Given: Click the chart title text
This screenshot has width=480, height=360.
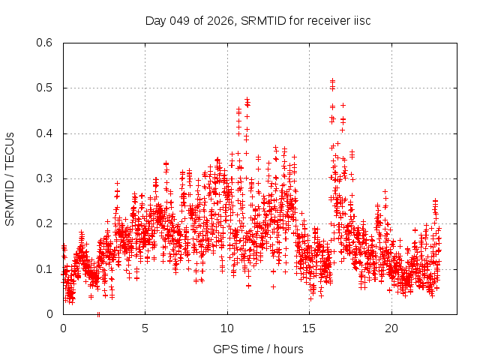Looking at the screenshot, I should click(258, 20).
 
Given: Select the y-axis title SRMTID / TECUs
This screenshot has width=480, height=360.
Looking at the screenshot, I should click(10, 178).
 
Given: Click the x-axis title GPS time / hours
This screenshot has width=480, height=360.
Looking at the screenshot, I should click(258, 349).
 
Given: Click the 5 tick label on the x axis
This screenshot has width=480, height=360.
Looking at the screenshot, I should click(145, 328).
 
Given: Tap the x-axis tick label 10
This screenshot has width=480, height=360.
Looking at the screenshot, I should click(227, 328).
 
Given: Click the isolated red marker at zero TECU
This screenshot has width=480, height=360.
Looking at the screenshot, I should click(98, 314).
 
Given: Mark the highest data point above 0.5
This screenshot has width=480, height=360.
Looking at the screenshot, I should click(332, 80).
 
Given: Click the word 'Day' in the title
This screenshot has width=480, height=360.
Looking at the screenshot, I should click(156, 20).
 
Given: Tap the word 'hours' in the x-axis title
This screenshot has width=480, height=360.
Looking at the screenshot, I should click(288, 349).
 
